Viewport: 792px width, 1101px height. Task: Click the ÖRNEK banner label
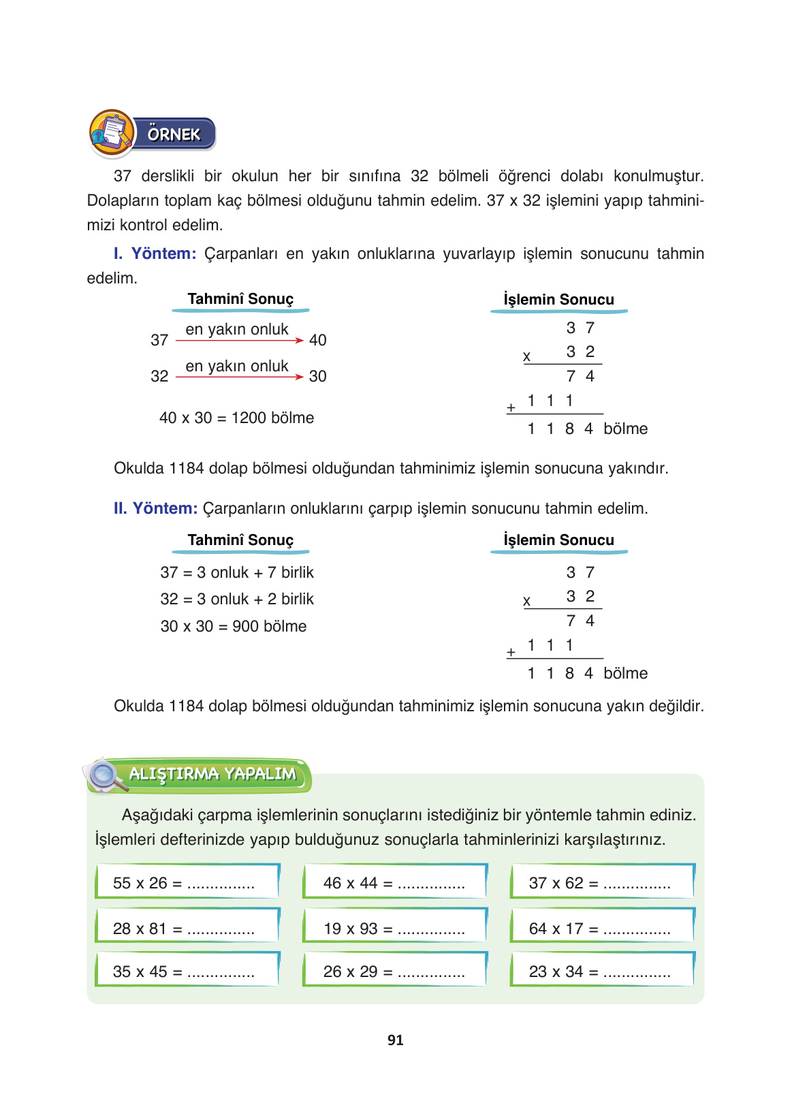tap(174, 134)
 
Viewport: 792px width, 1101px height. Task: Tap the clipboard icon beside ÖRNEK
tap(112, 133)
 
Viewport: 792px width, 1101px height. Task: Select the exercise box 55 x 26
tap(187, 882)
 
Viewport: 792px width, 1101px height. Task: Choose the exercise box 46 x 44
tap(395, 882)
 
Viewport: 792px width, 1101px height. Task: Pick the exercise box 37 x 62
tap(602, 882)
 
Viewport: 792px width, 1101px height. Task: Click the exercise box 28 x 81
tap(187, 927)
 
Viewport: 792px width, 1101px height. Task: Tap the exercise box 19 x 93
tap(395, 927)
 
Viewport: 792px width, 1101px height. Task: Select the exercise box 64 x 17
tap(602, 927)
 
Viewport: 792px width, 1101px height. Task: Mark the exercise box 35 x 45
tap(187, 971)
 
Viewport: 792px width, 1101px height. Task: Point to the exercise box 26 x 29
tap(395, 971)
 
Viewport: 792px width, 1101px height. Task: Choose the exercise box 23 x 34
tap(602, 971)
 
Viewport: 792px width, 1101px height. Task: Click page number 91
tap(396, 1040)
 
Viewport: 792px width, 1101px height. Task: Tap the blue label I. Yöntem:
tap(155, 253)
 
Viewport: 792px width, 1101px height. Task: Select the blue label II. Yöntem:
tap(155, 508)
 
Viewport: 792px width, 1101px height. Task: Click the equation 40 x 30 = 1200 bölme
tap(236, 418)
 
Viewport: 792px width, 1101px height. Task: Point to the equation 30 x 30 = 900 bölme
tap(234, 626)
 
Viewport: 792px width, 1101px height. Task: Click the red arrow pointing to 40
tap(238, 340)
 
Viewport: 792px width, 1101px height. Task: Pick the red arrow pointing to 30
tap(238, 377)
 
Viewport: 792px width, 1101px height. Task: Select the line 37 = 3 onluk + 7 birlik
tap(237, 572)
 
